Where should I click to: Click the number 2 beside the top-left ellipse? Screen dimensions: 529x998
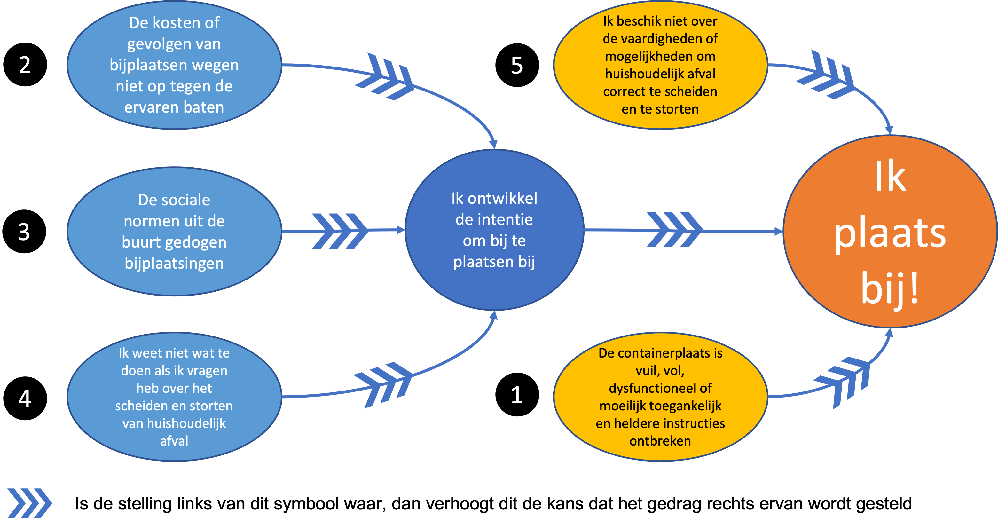click(x=25, y=65)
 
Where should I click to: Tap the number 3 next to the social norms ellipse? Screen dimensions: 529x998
click(x=24, y=232)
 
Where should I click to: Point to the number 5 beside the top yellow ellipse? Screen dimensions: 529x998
click(x=517, y=65)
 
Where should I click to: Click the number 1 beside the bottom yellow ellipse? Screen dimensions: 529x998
click(x=517, y=395)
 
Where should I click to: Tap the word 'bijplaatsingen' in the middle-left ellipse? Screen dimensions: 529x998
click(x=174, y=263)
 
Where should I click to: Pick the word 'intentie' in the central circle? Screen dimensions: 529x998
click(x=494, y=219)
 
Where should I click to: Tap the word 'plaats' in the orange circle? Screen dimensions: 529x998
click(x=890, y=234)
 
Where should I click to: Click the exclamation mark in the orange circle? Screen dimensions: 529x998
click(x=914, y=289)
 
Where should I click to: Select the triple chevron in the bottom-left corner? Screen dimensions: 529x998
click(x=29, y=503)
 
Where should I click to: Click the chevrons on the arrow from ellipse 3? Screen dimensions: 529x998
click(x=339, y=231)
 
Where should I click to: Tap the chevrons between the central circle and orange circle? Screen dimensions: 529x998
click(x=674, y=229)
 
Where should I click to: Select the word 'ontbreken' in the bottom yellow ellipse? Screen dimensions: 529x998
click(x=660, y=441)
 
